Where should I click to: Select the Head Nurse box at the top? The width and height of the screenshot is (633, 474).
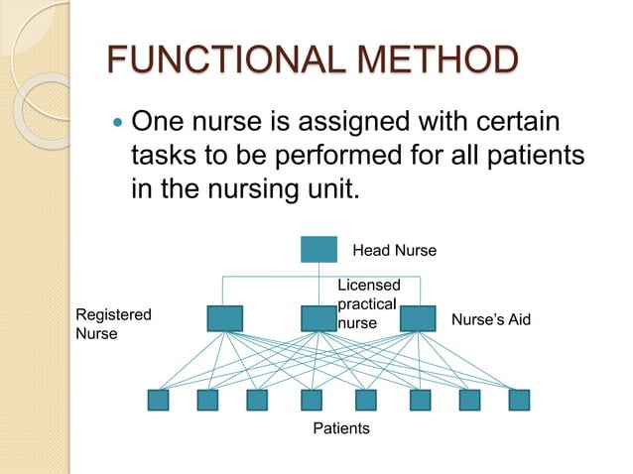click(x=318, y=249)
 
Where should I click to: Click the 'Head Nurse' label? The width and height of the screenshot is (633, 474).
click(x=394, y=249)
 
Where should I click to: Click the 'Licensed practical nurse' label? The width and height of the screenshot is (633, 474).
click(x=367, y=304)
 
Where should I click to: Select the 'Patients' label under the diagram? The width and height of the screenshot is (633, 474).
click(x=341, y=428)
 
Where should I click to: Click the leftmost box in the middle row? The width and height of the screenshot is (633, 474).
click(x=225, y=318)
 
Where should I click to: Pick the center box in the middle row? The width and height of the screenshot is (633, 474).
click(x=318, y=318)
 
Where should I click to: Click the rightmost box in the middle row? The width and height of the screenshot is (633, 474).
click(x=418, y=318)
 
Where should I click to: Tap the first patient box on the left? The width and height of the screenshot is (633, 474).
click(x=158, y=400)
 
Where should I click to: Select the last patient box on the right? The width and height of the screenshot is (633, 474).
click(x=519, y=400)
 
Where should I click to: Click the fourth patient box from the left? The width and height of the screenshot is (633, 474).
click(x=312, y=400)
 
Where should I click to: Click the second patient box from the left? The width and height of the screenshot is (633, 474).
click(x=207, y=400)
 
